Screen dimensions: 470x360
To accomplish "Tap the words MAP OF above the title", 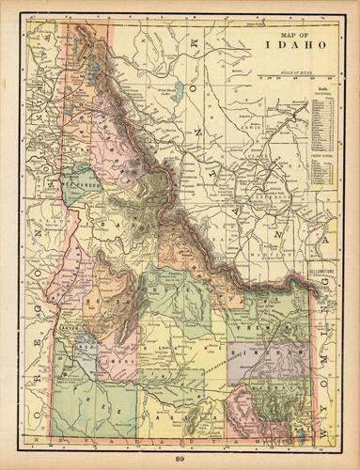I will pyautogui.click(x=294, y=34).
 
